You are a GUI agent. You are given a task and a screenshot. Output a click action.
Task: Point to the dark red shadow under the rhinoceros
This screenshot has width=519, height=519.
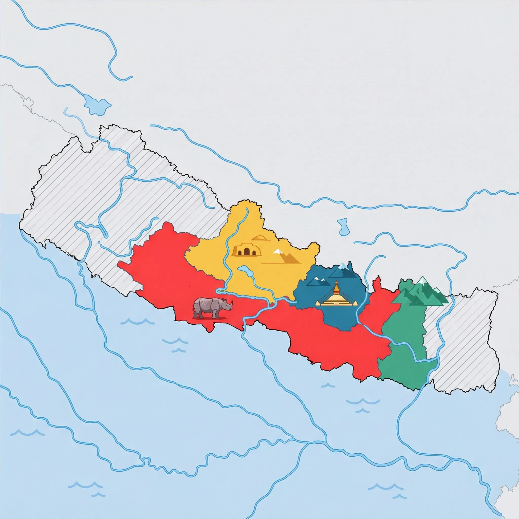point(210,318)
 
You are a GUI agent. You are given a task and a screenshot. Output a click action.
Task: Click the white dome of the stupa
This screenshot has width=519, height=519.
point(336,298)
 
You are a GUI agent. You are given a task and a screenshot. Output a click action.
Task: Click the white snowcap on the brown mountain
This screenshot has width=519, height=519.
point(277,251)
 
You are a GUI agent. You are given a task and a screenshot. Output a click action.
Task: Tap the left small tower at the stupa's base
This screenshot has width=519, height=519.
point(318,303)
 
